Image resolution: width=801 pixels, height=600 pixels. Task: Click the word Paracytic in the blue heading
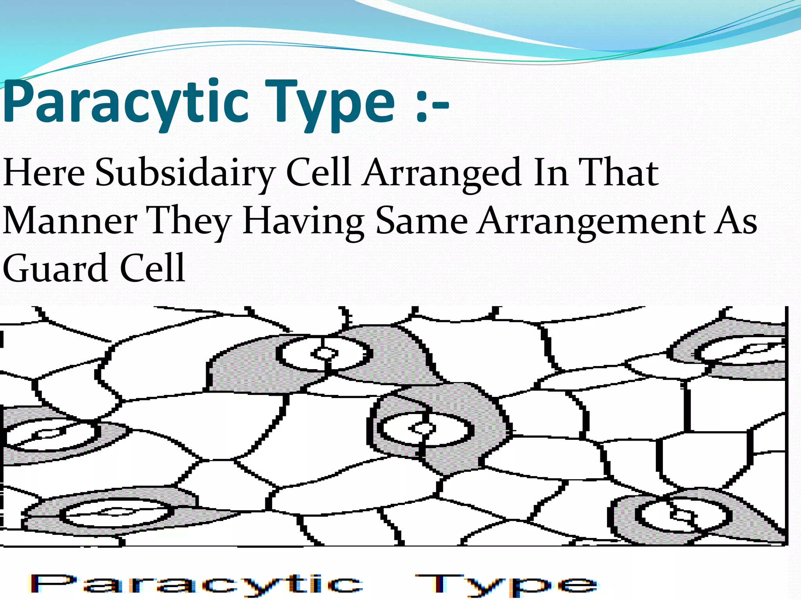125,104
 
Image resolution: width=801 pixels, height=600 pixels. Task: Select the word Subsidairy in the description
184,173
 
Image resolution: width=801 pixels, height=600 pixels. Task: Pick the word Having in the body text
303,221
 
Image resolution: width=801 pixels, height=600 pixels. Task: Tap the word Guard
55,269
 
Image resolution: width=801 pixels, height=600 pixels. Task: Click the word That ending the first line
618,173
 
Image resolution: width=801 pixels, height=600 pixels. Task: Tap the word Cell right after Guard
153,269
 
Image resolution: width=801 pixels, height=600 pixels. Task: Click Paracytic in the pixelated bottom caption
196,584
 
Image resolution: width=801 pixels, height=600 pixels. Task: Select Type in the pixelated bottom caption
506,584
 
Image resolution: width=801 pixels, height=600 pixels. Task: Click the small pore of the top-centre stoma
324,354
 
